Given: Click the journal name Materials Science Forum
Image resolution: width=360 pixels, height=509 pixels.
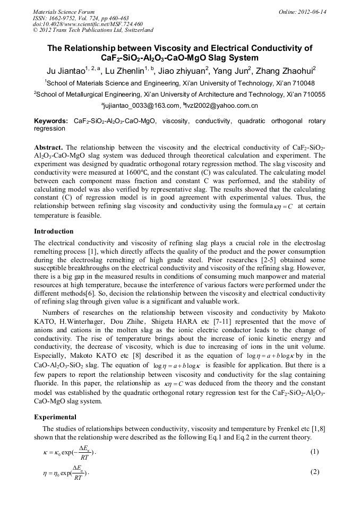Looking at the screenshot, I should (x=64, y=11).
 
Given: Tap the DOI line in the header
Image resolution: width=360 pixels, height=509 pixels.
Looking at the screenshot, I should (x=88, y=24).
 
